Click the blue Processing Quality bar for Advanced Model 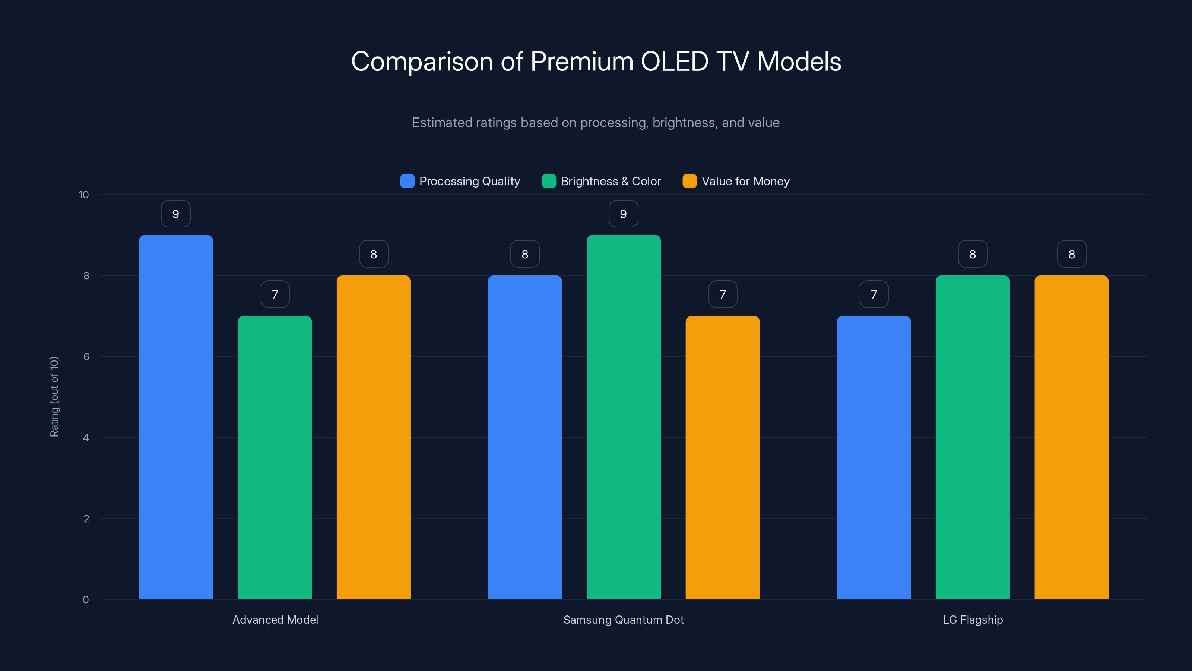[x=176, y=417]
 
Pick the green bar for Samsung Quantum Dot [x=623, y=417]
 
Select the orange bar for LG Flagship [x=1071, y=437]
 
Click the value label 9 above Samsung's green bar [x=623, y=214]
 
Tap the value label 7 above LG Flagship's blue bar [x=874, y=294]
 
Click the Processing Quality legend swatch [x=407, y=181]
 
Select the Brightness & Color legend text [x=611, y=181]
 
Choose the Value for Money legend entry [x=745, y=181]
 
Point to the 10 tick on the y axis [x=84, y=195]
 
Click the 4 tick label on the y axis [x=86, y=438]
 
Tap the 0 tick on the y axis [x=86, y=600]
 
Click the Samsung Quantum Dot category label [x=623, y=620]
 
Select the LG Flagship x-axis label [x=973, y=620]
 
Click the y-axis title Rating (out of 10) [x=54, y=397]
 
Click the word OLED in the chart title [x=674, y=62]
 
